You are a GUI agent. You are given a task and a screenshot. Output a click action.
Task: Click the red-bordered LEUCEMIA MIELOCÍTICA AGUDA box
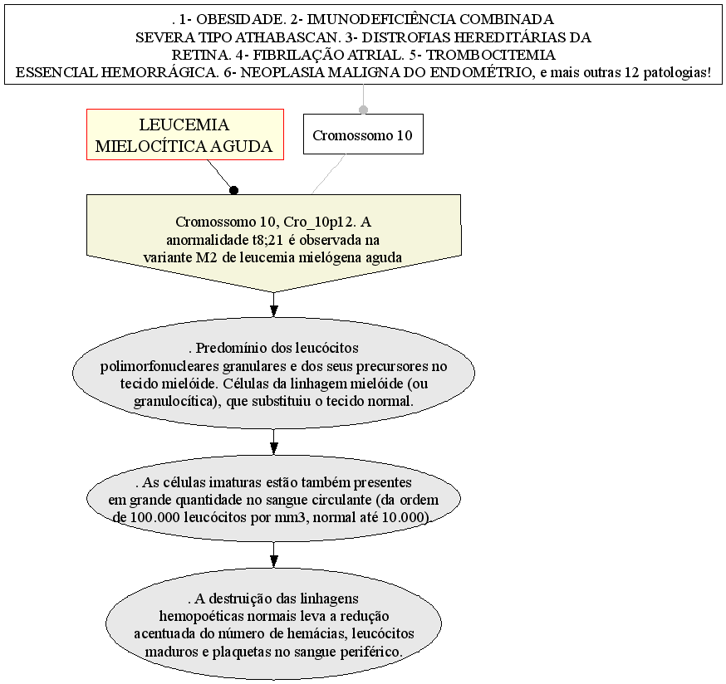[x=185, y=134]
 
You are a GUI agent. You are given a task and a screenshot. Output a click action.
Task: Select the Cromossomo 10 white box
[x=363, y=134]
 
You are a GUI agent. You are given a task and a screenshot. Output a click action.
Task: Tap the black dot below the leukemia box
[x=233, y=190]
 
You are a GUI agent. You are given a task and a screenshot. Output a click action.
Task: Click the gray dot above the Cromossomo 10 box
[x=364, y=110]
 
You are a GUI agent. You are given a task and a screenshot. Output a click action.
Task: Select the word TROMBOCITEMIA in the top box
[x=490, y=55]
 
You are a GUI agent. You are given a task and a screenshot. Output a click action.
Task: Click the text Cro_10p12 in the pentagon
[x=319, y=222]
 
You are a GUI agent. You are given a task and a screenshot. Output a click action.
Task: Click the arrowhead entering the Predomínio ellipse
[x=273, y=311]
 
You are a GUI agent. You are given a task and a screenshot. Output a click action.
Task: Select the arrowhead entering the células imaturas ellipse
[x=273, y=448]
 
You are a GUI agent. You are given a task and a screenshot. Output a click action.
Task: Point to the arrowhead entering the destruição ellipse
[x=273, y=561]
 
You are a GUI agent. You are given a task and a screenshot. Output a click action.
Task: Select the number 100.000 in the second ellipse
[x=155, y=517]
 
